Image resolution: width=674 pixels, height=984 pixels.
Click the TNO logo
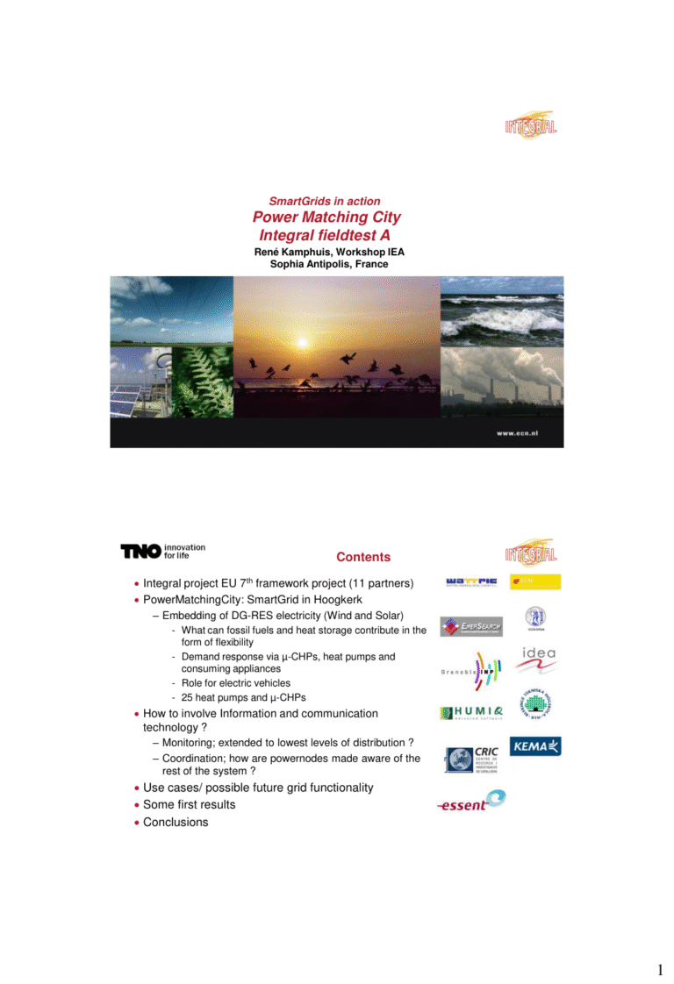coord(141,551)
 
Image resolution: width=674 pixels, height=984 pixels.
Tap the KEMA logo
coord(535,747)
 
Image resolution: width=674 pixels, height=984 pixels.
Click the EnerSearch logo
coord(470,627)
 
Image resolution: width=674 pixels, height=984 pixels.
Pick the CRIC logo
coord(472,759)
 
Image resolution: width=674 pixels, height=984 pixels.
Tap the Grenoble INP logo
coord(471,671)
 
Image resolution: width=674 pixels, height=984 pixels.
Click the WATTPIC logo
coord(471,581)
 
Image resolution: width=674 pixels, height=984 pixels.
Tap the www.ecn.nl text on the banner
coord(524,433)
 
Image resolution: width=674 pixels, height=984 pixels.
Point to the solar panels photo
coord(140,383)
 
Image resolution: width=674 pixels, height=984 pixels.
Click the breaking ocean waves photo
coord(501,310)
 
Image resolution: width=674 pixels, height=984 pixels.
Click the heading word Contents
coord(363,557)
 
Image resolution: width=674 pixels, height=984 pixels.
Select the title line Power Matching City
coord(326,217)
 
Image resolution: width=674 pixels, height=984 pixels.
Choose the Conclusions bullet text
coord(176,823)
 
